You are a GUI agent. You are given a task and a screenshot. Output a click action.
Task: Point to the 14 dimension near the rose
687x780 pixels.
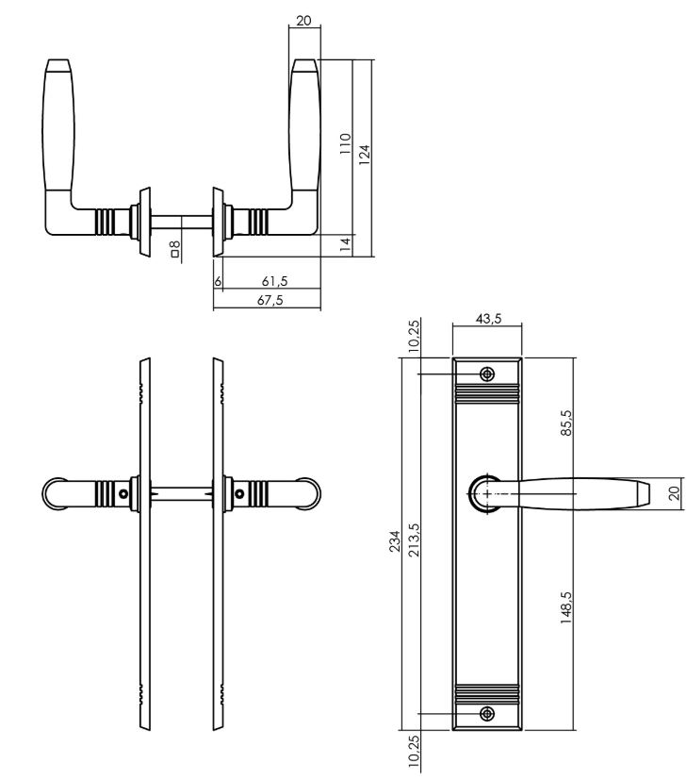345,243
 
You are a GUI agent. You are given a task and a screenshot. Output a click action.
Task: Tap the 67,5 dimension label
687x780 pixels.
270,300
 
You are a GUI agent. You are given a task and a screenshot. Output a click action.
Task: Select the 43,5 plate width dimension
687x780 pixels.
488,320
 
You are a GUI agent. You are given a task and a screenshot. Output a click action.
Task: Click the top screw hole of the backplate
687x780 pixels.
487,373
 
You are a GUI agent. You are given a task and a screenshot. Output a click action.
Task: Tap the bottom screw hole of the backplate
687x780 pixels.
487,712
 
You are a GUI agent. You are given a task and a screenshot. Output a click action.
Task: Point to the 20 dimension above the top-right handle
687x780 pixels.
303,20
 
